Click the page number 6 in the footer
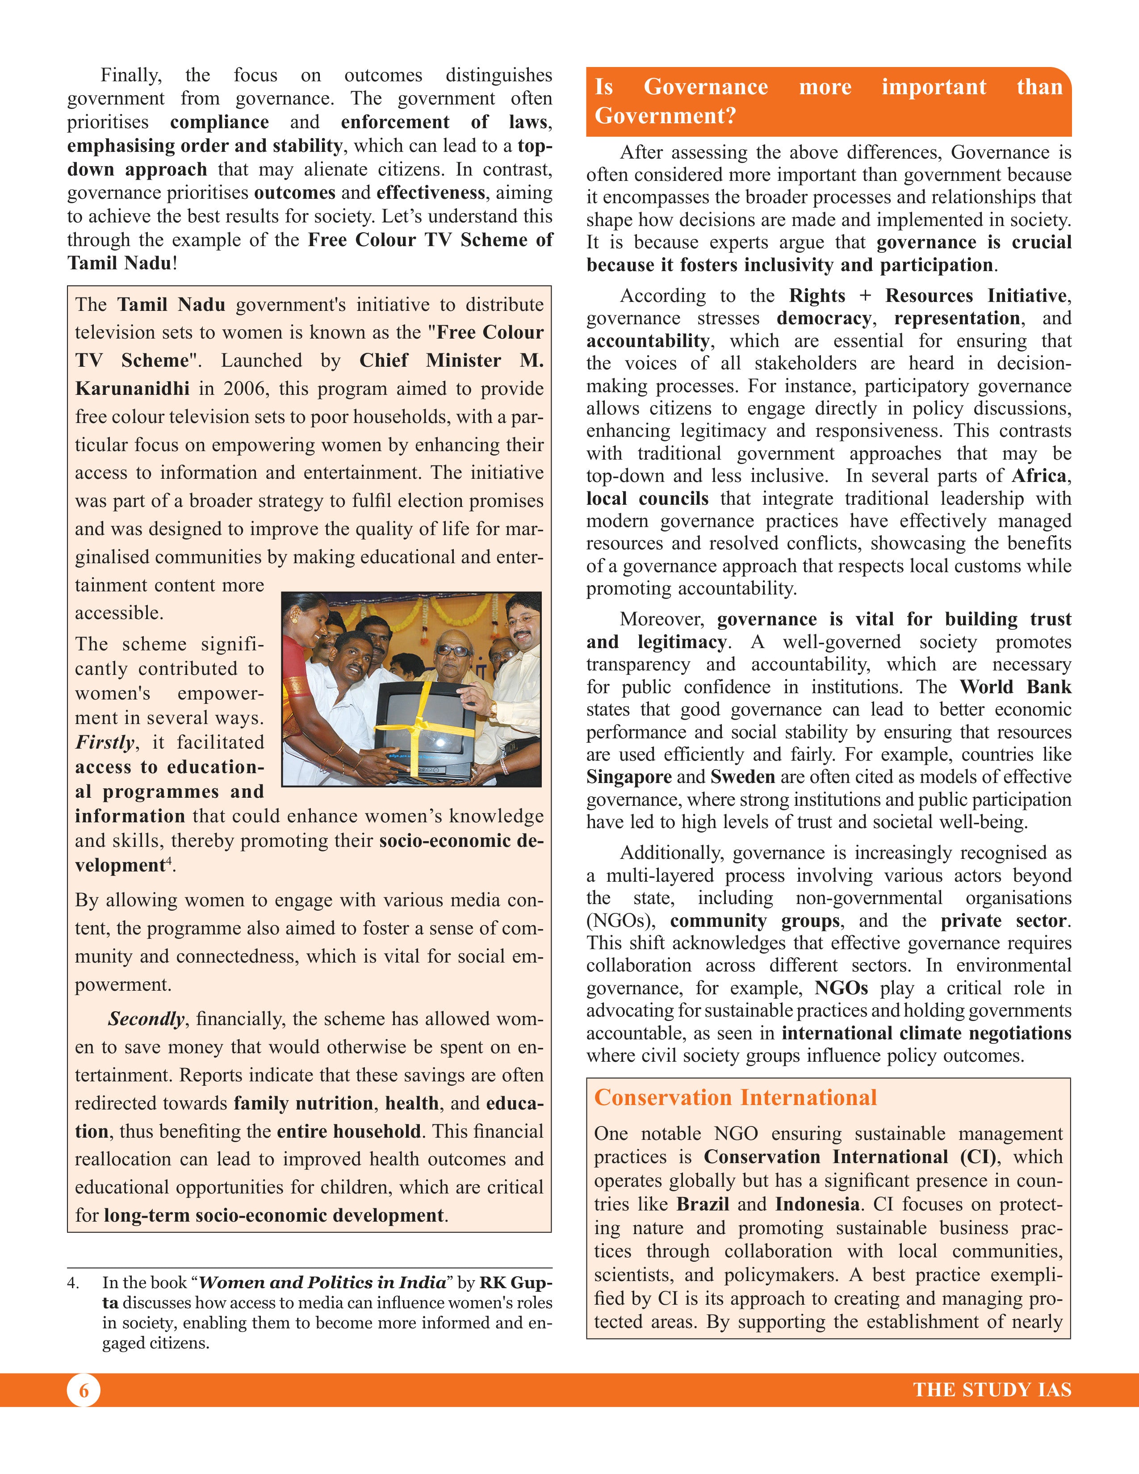[x=84, y=1390]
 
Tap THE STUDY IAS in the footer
[x=992, y=1390]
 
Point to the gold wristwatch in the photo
[x=494, y=709]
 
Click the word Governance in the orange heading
[x=705, y=87]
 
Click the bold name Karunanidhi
[x=132, y=388]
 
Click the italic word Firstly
[x=105, y=742]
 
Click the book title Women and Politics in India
[x=322, y=1282]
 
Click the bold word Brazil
[x=703, y=1204]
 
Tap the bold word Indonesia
[x=817, y=1204]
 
